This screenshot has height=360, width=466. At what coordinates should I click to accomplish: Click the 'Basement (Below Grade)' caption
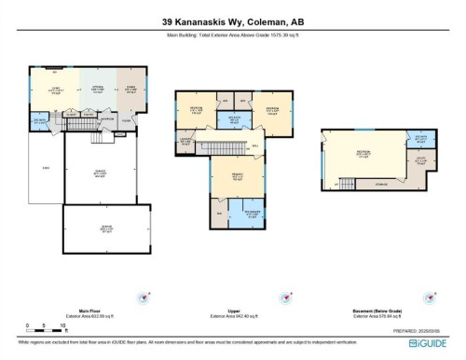tap(370, 312)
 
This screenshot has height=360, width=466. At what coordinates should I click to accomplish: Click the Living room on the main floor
tap(55, 90)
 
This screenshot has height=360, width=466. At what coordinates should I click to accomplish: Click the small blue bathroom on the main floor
tap(40, 120)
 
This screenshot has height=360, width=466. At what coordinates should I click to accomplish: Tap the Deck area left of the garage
tap(46, 168)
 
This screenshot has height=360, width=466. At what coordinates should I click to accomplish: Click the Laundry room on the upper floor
tap(185, 141)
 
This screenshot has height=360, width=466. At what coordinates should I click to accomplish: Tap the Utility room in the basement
tap(421, 161)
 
